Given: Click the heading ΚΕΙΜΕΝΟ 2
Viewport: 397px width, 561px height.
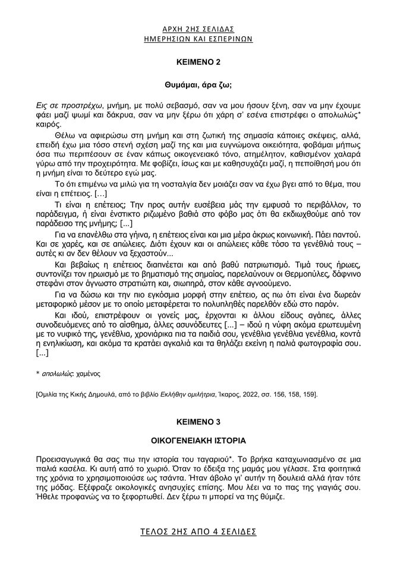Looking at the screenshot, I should [x=198, y=61].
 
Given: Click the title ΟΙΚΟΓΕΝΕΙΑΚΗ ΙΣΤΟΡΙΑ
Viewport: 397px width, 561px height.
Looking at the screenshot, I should [x=198, y=442].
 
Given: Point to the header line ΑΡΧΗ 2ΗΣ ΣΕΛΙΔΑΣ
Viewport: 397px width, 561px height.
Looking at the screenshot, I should [x=198, y=28].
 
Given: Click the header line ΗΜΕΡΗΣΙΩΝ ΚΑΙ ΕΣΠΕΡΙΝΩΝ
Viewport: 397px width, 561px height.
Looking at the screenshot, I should [x=198, y=37].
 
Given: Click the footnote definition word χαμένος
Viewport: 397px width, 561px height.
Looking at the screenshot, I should [x=89, y=375].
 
